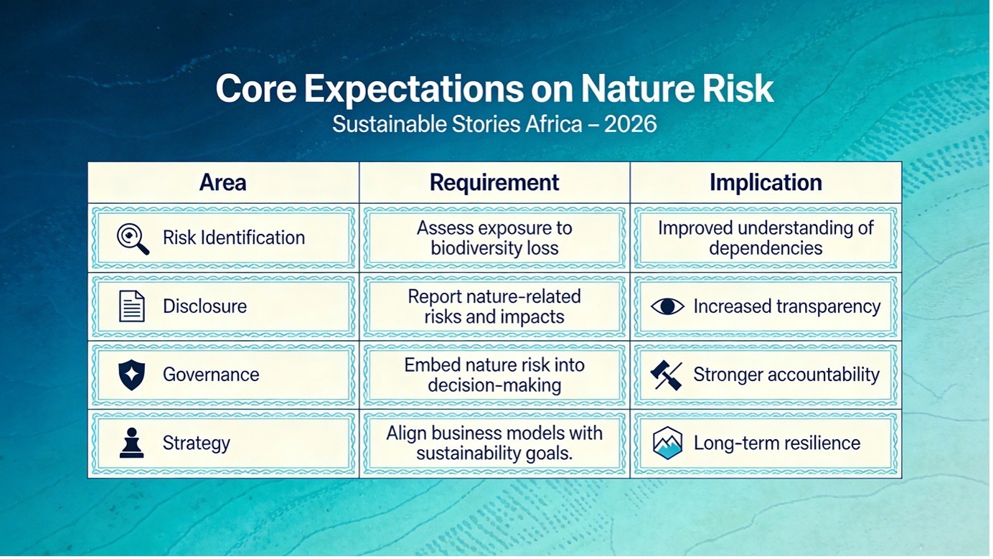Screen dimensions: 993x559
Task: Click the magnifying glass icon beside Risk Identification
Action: click(x=133, y=238)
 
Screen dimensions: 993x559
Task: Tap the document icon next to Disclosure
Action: click(x=132, y=306)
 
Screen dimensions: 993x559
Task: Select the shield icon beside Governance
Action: click(x=132, y=375)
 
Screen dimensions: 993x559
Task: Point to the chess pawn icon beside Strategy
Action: click(x=132, y=443)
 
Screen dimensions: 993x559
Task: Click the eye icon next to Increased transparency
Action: click(x=667, y=306)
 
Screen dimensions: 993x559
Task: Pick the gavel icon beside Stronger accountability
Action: click(x=667, y=375)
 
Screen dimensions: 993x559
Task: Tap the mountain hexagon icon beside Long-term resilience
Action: click(x=667, y=443)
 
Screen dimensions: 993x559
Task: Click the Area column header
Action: click(x=222, y=182)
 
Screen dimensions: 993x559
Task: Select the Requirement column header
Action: click(x=494, y=183)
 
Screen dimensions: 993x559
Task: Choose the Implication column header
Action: click(x=766, y=183)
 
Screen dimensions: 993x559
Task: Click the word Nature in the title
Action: click(x=636, y=89)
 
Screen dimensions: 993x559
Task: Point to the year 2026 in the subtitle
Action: click(x=630, y=123)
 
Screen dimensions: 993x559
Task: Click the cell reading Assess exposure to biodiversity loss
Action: click(x=494, y=238)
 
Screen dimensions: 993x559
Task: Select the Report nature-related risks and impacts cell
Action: click(x=494, y=306)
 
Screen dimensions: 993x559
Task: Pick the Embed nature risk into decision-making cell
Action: click(x=494, y=375)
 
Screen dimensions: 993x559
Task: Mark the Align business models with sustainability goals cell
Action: click(x=494, y=443)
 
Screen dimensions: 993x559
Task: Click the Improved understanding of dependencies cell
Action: click(x=766, y=238)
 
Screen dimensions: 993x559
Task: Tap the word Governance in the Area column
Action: click(x=211, y=375)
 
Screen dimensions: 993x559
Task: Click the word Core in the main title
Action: click(x=256, y=89)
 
